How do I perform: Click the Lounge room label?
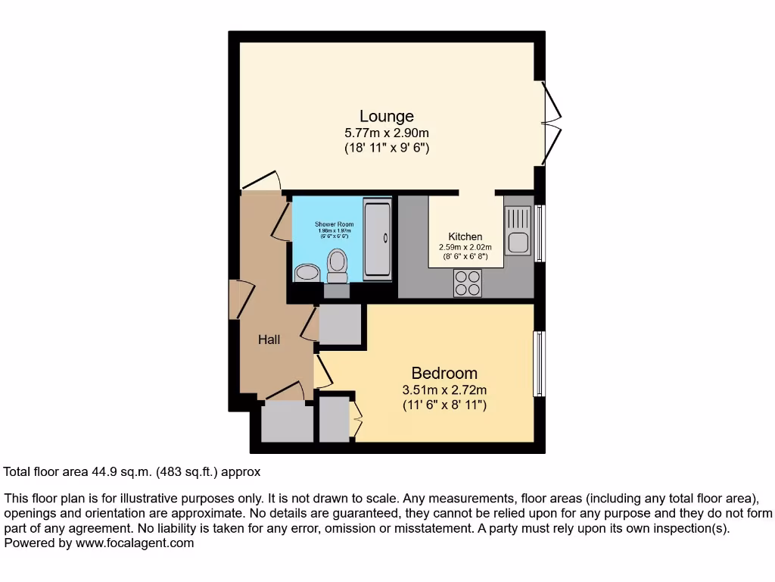[386, 116]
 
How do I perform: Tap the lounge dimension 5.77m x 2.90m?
[386, 133]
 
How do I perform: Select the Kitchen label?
[465, 236]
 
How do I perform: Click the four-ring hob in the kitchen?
[467, 283]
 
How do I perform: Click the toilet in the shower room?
[337, 264]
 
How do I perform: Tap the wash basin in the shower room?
[307, 272]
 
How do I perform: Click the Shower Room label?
[334, 224]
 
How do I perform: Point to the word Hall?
[269, 339]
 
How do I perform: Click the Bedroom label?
[444, 373]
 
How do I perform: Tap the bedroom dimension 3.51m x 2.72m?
[444, 390]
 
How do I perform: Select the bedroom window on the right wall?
[539, 364]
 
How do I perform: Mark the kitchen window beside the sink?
[539, 233]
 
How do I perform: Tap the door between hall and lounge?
[260, 181]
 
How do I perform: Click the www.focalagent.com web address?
[133, 543]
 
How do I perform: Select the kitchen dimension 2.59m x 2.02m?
[465, 247]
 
